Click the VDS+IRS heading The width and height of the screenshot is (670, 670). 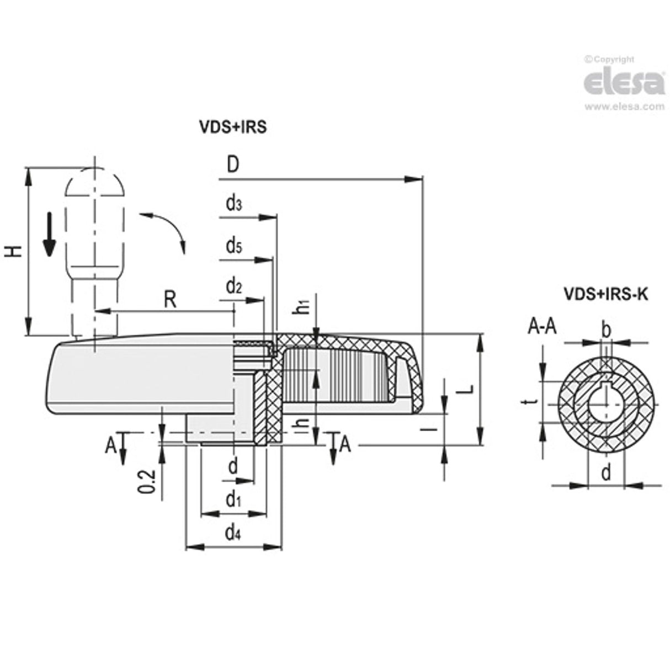[232, 127]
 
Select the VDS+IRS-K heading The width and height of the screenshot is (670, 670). [605, 294]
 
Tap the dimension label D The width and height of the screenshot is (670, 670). [232, 165]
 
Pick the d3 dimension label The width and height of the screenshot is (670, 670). [233, 204]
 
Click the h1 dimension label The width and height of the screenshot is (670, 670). [302, 307]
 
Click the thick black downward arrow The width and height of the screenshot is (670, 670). [50, 235]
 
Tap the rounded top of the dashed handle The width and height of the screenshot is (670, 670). [94, 179]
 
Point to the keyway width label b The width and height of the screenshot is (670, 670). [605, 330]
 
